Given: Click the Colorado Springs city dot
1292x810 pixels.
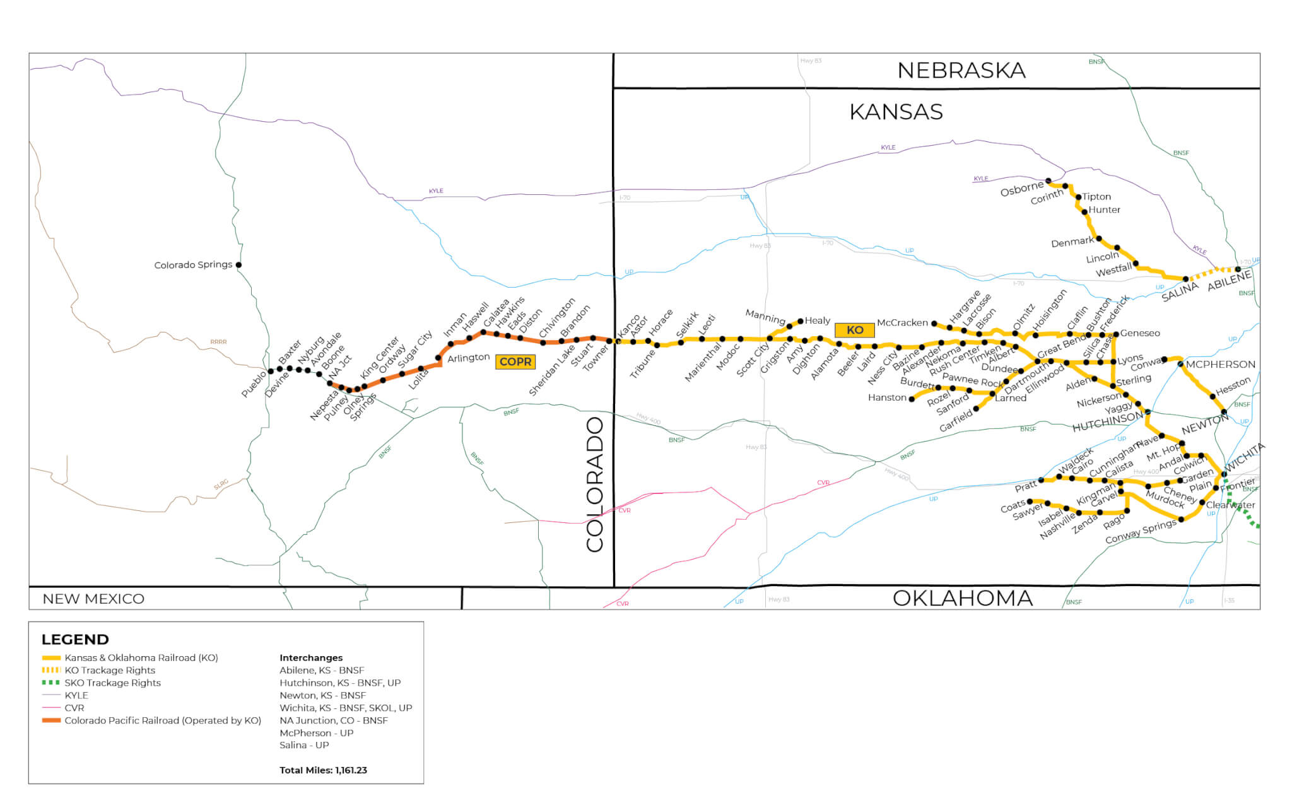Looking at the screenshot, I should (x=238, y=265).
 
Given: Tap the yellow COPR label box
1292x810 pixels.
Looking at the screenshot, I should (x=515, y=362).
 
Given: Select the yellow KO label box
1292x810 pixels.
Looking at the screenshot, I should (x=854, y=330).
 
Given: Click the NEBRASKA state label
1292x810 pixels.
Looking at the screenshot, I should (x=961, y=71).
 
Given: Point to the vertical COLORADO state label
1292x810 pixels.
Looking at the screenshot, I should (x=595, y=484).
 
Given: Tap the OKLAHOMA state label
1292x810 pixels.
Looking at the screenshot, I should (x=962, y=598).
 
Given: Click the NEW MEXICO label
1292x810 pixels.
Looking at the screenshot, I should (x=93, y=599).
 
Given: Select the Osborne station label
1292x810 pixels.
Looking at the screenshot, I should (x=1021, y=189).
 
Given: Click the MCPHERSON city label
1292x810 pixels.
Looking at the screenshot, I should (x=1220, y=365).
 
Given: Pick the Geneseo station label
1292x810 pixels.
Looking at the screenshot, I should (x=1140, y=333).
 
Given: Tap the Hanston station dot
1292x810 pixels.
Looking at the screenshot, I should (x=912, y=399).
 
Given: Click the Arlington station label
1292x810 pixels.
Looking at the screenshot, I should (x=468, y=358).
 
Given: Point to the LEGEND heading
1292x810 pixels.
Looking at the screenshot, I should (x=75, y=640).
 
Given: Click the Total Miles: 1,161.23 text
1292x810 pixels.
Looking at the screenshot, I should (x=323, y=770).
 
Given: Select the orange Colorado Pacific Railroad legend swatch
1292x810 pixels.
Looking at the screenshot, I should (x=51, y=720).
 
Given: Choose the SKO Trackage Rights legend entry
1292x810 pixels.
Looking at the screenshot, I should (x=112, y=683).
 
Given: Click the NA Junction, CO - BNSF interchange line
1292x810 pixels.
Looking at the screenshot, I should (x=333, y=720).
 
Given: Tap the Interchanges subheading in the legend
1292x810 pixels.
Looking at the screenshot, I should (x=311, y=658).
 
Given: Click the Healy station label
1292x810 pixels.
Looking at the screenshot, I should (x=817, y=320).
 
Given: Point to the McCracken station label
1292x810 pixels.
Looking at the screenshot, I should (x=902, y=322).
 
